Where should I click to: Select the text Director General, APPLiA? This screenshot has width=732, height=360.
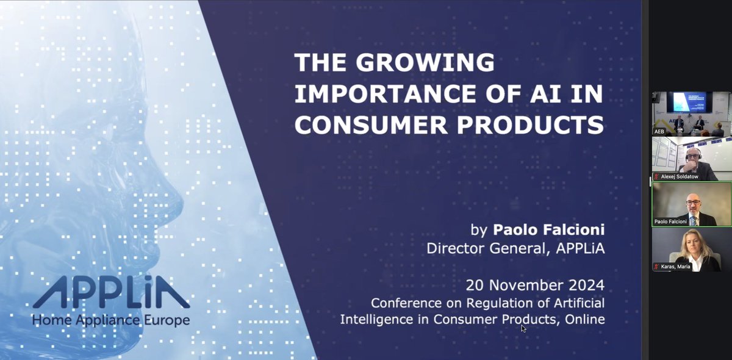(x=515, y=248)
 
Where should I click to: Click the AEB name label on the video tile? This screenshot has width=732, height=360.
(x=659, y=131)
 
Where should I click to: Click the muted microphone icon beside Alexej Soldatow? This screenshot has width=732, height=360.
(x=656, y=176)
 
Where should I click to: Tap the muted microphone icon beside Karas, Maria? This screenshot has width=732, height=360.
(x=656, y=267)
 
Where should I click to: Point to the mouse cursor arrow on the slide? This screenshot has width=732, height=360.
(x=523, y=328)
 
